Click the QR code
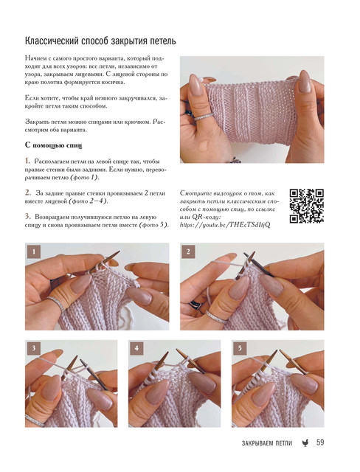[306, 206]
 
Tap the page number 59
[320, 442]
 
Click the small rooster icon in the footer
[305, 442]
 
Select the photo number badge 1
[34, 251]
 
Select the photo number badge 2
[188, 251]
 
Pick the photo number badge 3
[34, 349]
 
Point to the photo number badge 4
[136, 349]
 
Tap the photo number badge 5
[240, 349]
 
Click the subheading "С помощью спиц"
[54, 145]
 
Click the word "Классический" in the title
[52, 41]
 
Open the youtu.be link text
[225, 224]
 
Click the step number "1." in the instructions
[28, 161]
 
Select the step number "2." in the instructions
[28, 192]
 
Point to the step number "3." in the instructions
[28, 216]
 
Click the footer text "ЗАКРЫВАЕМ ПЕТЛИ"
[267, 443]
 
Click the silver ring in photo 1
[55, 303]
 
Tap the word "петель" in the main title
[162, 41]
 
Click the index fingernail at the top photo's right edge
[305, 81]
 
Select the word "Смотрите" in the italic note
[195, 193]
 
